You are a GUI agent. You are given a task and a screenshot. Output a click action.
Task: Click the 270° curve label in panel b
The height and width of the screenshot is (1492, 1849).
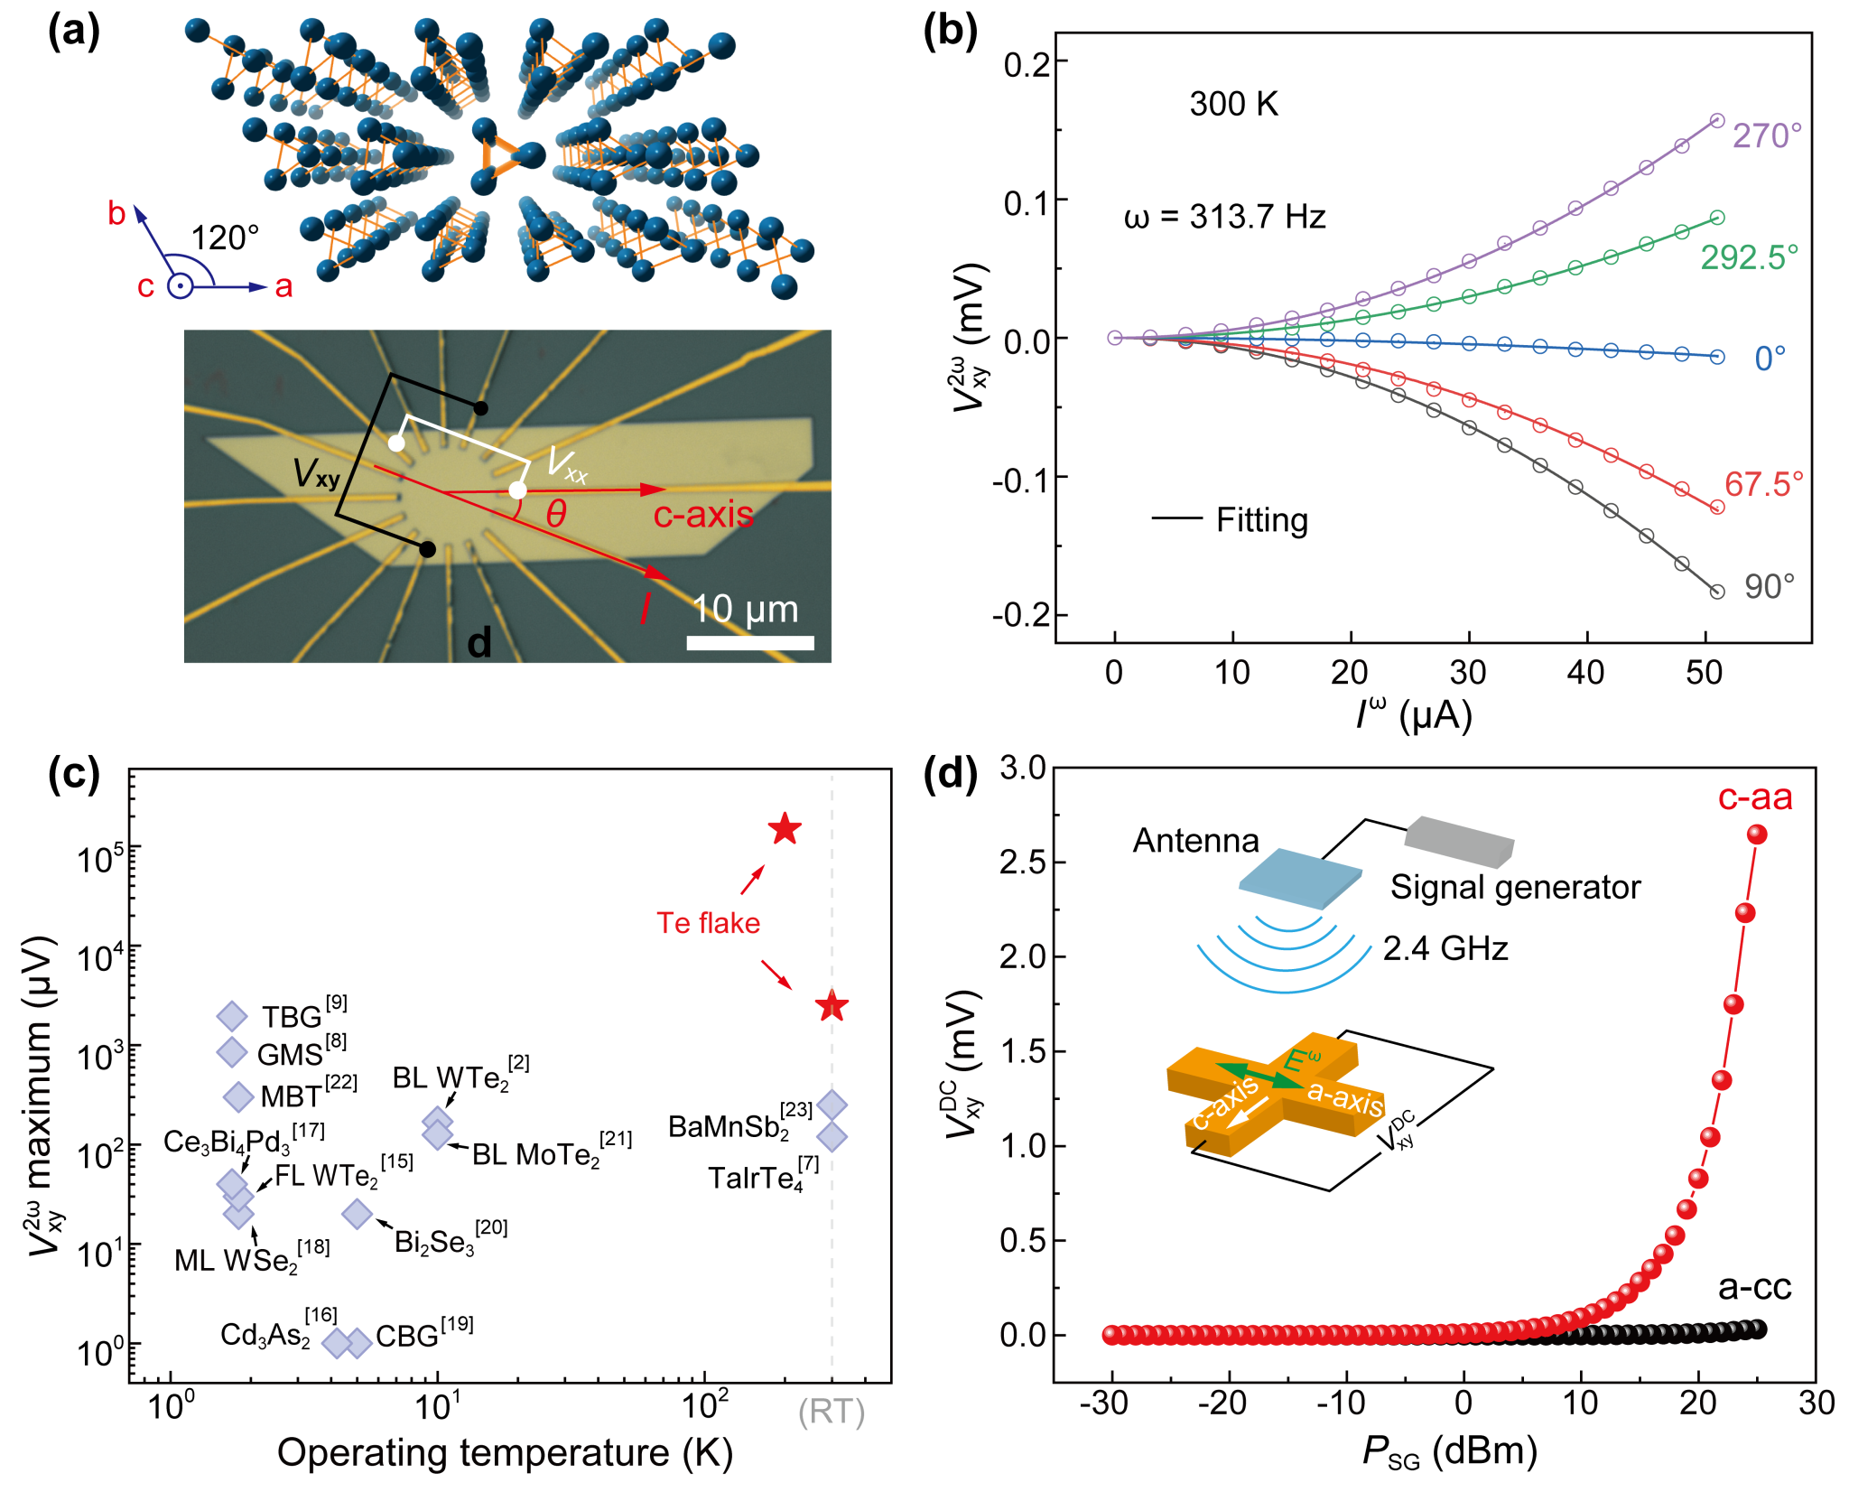1766,136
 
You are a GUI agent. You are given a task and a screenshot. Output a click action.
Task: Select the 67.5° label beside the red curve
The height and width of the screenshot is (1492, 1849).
1762,485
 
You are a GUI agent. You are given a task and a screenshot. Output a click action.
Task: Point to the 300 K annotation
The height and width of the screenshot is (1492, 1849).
1233,105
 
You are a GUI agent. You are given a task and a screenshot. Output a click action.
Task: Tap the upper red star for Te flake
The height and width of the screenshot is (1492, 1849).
785,828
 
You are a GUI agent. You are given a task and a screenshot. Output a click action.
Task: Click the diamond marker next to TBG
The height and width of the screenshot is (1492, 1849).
232,1016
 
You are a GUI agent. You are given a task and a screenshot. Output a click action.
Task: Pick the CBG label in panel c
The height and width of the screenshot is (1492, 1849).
407,1336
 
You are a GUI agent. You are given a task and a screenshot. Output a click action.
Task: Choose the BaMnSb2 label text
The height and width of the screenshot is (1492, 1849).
729,1127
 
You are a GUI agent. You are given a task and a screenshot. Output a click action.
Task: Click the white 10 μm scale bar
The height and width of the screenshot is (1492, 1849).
749,643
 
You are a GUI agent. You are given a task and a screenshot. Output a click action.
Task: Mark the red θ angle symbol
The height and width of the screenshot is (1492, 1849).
556,514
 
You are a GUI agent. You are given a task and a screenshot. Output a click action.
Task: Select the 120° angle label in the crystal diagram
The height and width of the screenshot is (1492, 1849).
225,238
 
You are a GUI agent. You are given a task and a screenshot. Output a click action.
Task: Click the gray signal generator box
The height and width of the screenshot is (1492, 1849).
1459,841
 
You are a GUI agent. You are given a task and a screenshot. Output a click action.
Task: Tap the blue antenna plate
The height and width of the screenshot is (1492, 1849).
1300,877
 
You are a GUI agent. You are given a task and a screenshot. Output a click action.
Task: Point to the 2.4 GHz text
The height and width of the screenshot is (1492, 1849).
1445,949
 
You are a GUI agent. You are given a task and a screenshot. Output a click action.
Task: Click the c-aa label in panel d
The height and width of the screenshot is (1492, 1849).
1754,797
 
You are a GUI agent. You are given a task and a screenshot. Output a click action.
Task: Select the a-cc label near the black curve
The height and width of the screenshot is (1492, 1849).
1753,1287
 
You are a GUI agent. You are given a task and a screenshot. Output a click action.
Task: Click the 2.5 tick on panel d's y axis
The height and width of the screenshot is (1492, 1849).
1022,863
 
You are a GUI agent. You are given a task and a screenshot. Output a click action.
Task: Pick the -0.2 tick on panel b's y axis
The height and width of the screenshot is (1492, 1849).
1020,616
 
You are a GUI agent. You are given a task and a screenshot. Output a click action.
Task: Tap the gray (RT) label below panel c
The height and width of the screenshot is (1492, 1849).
832,1411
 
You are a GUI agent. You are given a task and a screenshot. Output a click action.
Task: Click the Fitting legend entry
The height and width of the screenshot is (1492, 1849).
1261,520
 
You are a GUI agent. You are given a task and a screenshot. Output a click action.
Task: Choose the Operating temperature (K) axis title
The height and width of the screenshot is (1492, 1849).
505,1453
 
